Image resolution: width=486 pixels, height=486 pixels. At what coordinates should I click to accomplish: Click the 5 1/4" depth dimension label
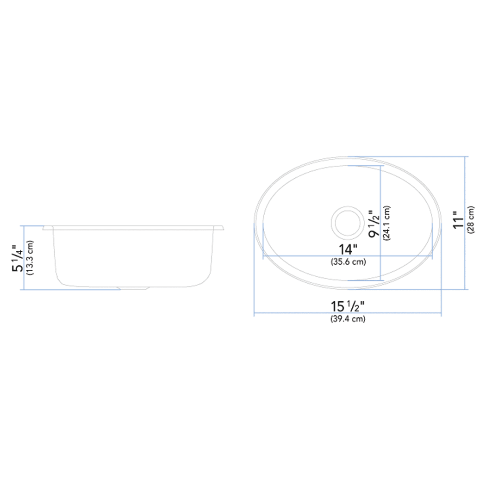[x=18, y=258]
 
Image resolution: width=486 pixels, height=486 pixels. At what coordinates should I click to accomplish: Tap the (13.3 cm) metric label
[x=30, y=258]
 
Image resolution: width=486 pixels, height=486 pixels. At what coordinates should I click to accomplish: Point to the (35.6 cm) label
[x=348, y=262]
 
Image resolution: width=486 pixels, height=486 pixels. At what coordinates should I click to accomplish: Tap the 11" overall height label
[x=458, y=220]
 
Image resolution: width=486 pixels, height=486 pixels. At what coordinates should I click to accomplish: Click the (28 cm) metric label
[x=471, y=220]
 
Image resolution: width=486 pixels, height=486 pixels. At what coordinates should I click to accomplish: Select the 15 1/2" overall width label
[x=348, y=306]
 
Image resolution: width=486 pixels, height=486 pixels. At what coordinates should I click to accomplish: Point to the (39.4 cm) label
[x=348, y=319]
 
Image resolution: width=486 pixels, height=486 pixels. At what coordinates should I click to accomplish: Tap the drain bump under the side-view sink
[x=134, y=288]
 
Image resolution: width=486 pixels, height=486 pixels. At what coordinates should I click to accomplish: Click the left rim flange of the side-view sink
[x=48, y=228]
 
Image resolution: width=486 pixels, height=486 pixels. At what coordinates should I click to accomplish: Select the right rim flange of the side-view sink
[x=219, y=228]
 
